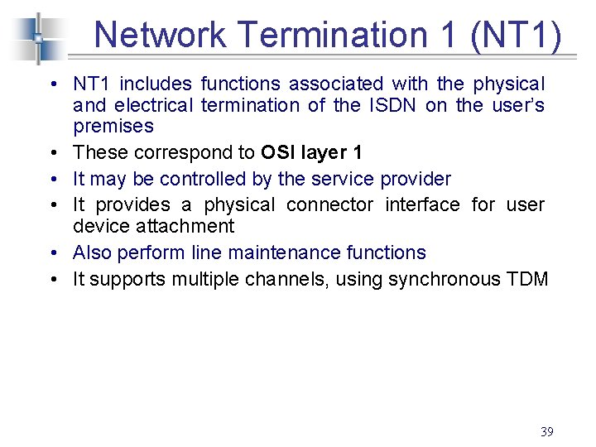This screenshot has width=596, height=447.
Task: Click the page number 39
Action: tap(546, 431)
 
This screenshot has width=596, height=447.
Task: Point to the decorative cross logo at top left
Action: tap(37, 37)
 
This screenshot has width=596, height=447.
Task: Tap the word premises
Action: tap(113, 127)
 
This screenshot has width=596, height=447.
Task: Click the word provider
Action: tap(416, 179)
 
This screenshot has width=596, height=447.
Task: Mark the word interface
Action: tap(422, 204)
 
